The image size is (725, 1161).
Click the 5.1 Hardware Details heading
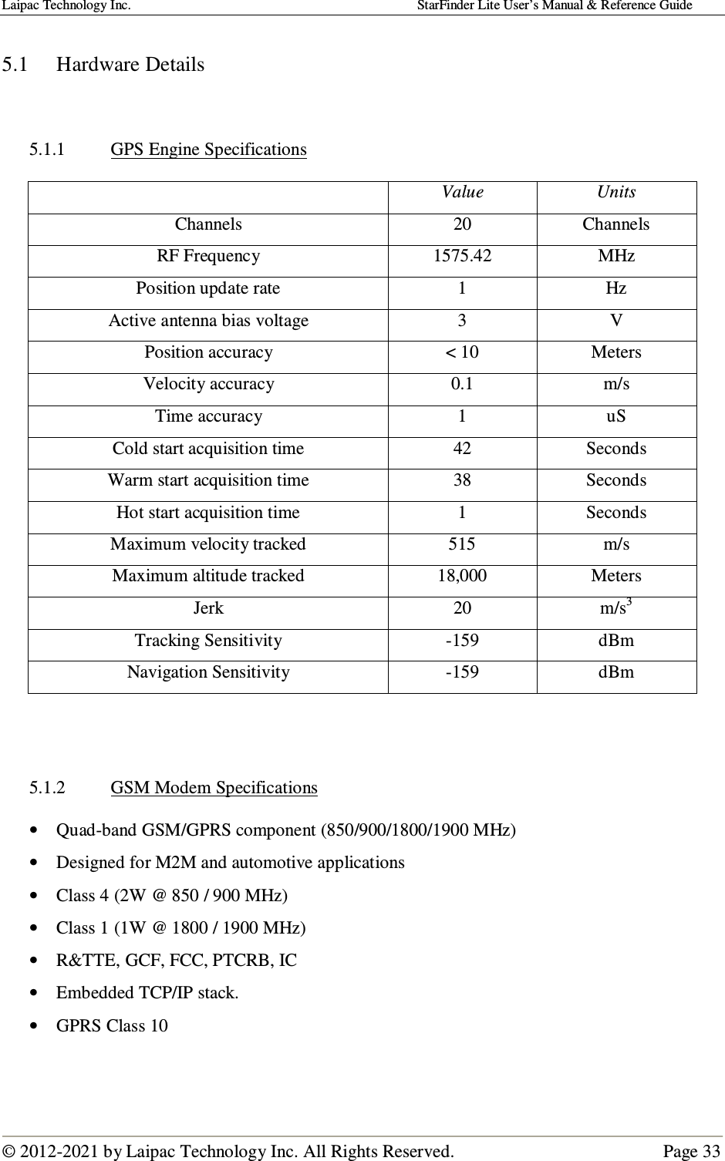pyautogui.click(x=103, y=64)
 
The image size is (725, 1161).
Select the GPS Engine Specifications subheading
pyautogui.click(x=208, y=149)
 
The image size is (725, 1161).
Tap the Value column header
pyautogui.click(x=462, y=192)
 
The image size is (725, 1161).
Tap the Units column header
pyautogui.click(x=616, y=192)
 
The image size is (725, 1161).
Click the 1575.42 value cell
pyautogui.click(x=462, y=256)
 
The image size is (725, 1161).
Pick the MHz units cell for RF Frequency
pyautogui.click(x=616, y=256)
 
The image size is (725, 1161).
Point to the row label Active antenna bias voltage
pyautogui.click(x=208, y=321)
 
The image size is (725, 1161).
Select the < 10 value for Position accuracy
pyautogui.click(x=462, y=352)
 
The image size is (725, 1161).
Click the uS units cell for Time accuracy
pyautogui.click(x=616, y=416)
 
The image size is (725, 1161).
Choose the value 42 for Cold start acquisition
pyautogui.click(x=462, y=449)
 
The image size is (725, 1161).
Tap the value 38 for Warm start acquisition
pyautogui.click(x=462, y=480)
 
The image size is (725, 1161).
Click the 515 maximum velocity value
pyautogui.click(x=462, y=544)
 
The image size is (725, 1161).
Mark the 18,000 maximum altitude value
pyautogui.click(x=462, y=576)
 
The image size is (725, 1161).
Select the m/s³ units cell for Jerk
pyautogui.click(x=616, y=607)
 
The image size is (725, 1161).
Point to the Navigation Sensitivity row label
pyautogui.click(x=208, y=672)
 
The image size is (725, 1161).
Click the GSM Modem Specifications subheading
pyautogui.click(x=214, y=788)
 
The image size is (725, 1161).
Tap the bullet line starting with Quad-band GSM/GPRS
pyautogui.click(x=286, y=830)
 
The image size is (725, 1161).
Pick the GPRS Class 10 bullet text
pyautogui.click(x=112, y=1026)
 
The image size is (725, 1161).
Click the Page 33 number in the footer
pyautogui.click(x=692, y=1152)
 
